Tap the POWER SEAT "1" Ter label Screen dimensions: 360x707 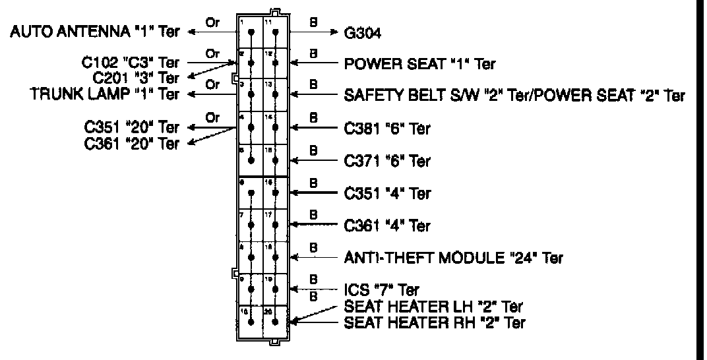coord(420,64)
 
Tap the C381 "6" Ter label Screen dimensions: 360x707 coord(387,128)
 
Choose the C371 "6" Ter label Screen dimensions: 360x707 coord(387,160)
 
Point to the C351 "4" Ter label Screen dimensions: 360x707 coord(387,193)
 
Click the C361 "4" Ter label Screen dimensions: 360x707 coord(387,226)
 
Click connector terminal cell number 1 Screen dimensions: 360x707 coord(249,30)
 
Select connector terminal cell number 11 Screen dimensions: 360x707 coord(274,30)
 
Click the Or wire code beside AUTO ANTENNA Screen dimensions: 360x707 coord(212,21)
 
